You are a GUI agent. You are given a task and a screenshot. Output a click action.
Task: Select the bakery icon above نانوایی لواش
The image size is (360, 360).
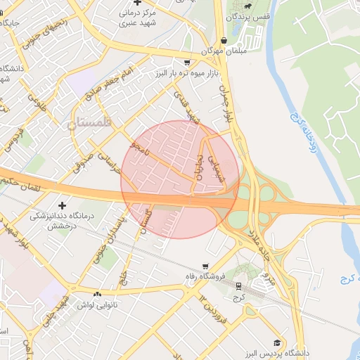coord(98,294)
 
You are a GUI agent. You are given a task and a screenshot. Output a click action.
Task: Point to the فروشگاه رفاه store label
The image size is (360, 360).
coord(204,276)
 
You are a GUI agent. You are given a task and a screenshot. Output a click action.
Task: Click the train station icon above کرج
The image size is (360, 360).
coord(239,286)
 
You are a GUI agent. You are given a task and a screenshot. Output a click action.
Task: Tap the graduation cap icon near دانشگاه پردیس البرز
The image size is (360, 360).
coord(279,341)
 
